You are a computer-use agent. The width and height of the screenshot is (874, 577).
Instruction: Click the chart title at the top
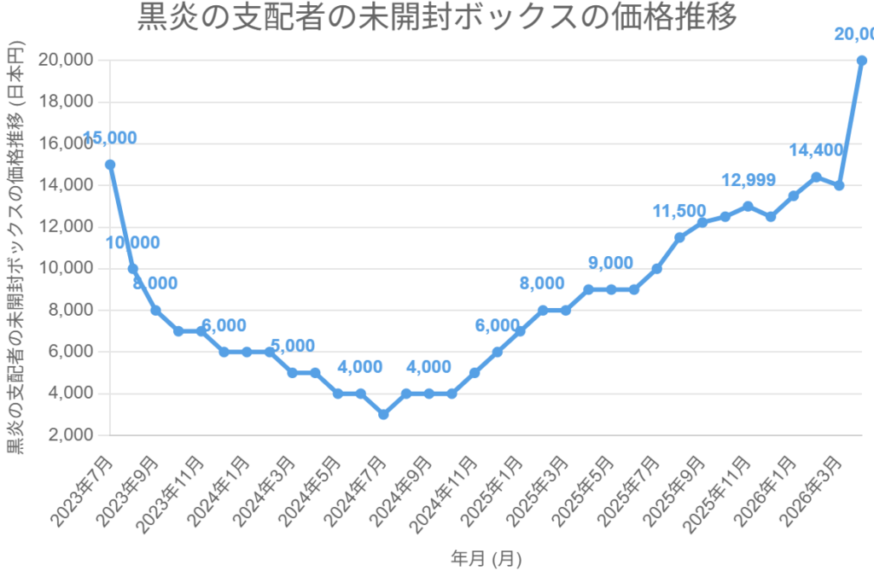click(437, 17)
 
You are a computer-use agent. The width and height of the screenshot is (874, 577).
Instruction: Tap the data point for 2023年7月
click(110, 164)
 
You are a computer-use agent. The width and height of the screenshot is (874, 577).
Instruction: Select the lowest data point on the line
click(383, 414)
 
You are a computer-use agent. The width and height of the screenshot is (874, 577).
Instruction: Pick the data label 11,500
click(679, 212)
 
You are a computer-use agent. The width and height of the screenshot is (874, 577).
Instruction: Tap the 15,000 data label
click(109, 138)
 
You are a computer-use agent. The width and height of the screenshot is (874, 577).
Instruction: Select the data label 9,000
click(610, 263)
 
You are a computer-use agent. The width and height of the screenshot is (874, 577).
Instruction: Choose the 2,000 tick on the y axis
click(69, 435)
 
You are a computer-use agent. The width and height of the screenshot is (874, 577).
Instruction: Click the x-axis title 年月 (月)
click(486, 559)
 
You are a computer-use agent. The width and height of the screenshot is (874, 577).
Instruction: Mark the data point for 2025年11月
click(748, 206)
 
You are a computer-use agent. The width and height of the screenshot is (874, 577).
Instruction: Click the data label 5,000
click(292, 347)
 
